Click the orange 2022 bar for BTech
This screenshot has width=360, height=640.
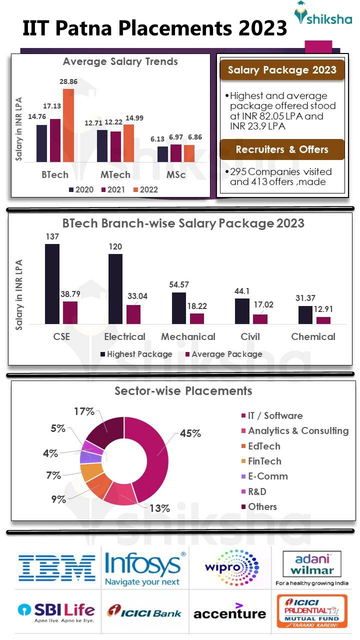[68, 125]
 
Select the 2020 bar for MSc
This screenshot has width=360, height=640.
[162, 154]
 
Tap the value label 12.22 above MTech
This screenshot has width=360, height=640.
[115, 122]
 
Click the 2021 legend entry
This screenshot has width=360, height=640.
[115, 189]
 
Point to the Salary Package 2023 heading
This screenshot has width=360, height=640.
[282, 70]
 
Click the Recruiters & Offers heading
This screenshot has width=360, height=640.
[282, 149]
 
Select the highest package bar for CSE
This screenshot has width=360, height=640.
[52, 284]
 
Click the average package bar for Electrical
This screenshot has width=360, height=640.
[133, 314]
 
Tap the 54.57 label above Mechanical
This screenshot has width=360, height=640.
[179, 284]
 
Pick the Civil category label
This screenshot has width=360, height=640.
[250, 336]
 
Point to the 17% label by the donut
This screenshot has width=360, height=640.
[83, 411]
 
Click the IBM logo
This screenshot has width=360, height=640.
[57, 567]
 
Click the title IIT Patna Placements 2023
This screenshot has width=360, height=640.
[155, 28]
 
